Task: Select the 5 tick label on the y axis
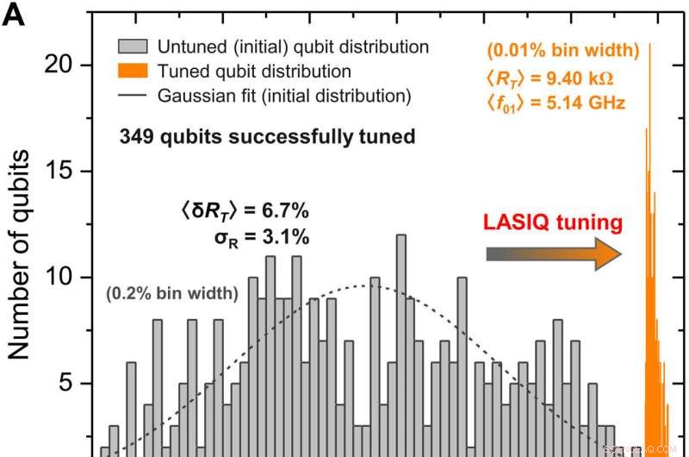click(74, 384)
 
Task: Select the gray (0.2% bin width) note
click(172, 293)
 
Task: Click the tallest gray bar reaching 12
click(400, 345)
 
